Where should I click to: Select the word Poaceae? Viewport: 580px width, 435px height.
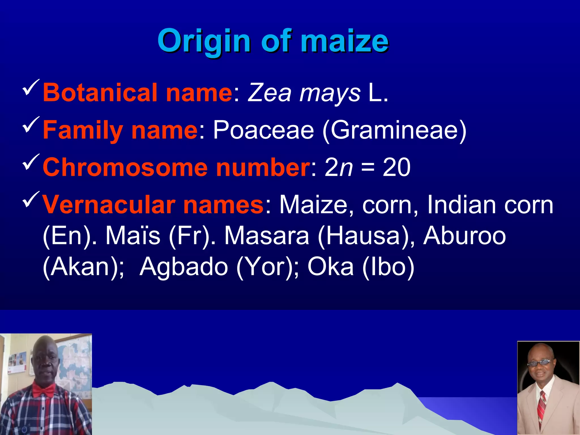pos(263,130)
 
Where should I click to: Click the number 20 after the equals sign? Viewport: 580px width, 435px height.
pos(396,167)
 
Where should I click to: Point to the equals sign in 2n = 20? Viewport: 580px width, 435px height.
pos(368,168)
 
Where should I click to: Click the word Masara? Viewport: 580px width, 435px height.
pos(266,236)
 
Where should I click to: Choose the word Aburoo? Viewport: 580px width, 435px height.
pos(464,236)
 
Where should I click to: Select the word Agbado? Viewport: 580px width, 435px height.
pos(184,267)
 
